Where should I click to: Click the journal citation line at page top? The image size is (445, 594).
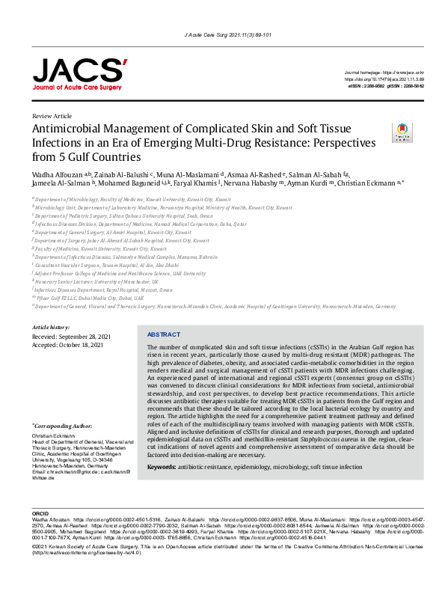222,35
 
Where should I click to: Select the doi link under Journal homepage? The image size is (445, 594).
384,79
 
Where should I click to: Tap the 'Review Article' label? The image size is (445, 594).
52,117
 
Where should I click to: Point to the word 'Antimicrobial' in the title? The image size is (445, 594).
67,130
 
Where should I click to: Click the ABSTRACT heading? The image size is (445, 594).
163,334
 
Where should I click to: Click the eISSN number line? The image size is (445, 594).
366,87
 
